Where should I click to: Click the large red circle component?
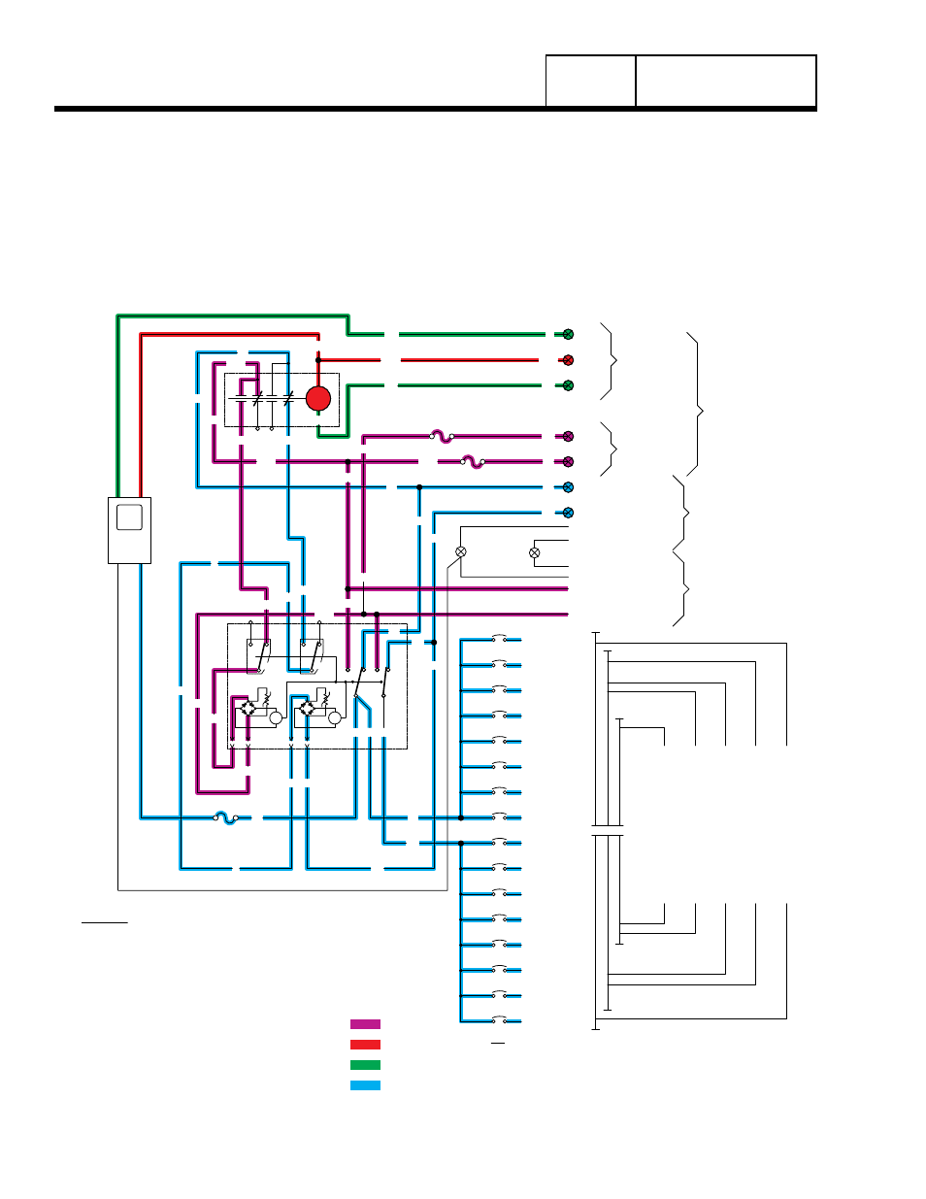tap(318, 398)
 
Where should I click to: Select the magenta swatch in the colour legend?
tap(365, 1024)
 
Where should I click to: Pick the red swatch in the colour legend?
tap(365, 1045)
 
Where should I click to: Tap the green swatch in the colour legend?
tap(365, 1065)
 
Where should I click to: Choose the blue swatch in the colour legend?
tap(365, 1085)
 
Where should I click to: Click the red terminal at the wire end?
tap(568, 360)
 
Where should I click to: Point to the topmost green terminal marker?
tap(568, 334)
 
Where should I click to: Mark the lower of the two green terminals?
tap(568, 385)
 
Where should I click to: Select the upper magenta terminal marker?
tap(568, 437)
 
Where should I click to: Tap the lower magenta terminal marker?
tap(568, 462)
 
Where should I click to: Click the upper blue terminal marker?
tap(568, 487)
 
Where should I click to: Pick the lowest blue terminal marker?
tap(568, 513)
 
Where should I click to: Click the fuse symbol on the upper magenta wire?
tap(442, 437)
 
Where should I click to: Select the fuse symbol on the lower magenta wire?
tap(473, 462)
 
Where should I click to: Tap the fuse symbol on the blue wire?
tap(225, 817)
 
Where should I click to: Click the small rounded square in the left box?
tap(129, 516)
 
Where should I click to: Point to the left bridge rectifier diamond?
tap(248, 710)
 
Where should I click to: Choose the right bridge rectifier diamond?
tap(308, 710)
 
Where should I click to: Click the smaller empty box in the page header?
tap(590, 82)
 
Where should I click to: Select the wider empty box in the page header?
tap(725, 82)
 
